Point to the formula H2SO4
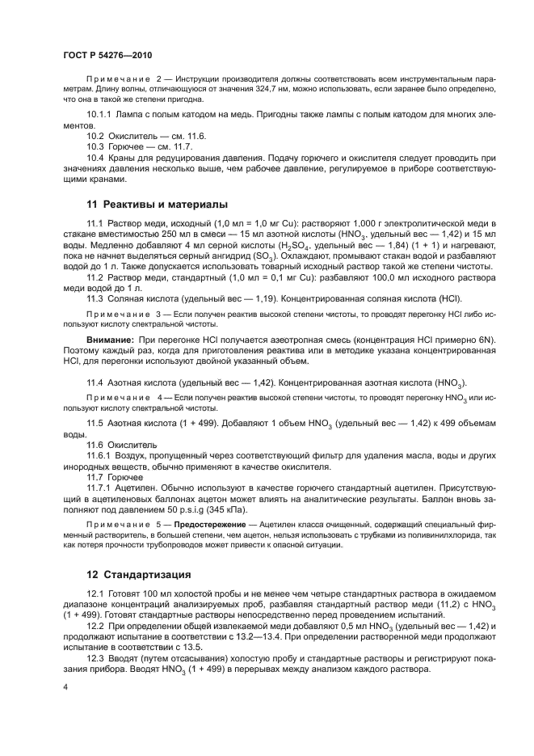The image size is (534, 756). coord(290,245)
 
